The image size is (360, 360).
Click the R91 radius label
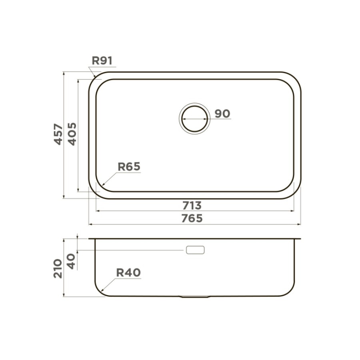tap(102, 61)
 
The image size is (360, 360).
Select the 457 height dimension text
tap(58, 134)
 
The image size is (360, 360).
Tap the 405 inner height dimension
tap(72, 134)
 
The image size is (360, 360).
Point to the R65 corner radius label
tap(129, 166)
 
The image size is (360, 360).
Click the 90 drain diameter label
tap(222, 114)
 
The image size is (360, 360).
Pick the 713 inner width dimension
tap(192, 206)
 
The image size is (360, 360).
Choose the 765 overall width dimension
tap(192, 218)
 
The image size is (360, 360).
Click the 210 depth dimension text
tap(58, 269)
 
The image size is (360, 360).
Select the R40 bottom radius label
tap(128, 272)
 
